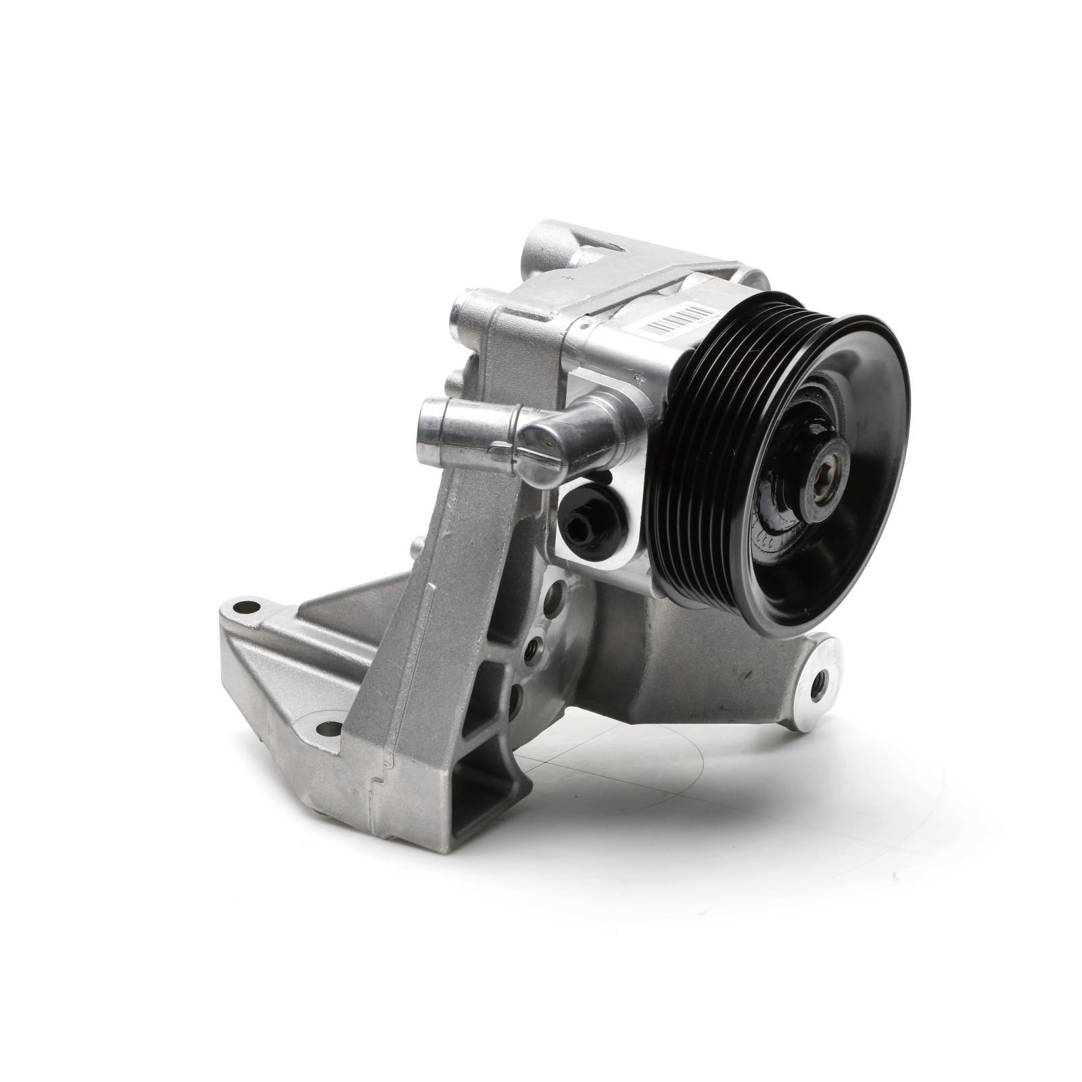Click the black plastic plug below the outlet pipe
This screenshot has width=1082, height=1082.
pyautogui.click(x=581, y=520)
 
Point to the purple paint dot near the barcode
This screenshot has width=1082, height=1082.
pyautogui.click(x=587, y=328)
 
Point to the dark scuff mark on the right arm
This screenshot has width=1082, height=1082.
pyautogui.click(x=744, y=673)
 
